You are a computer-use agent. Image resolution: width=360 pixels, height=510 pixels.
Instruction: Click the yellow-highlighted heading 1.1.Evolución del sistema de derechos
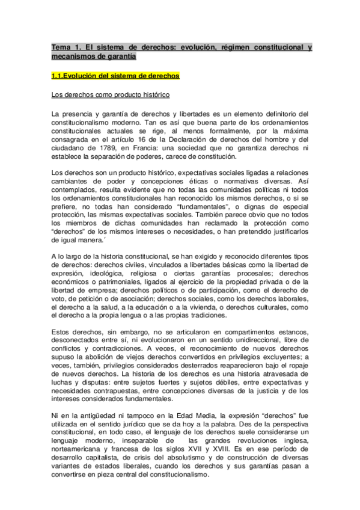[x=115, y=76]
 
